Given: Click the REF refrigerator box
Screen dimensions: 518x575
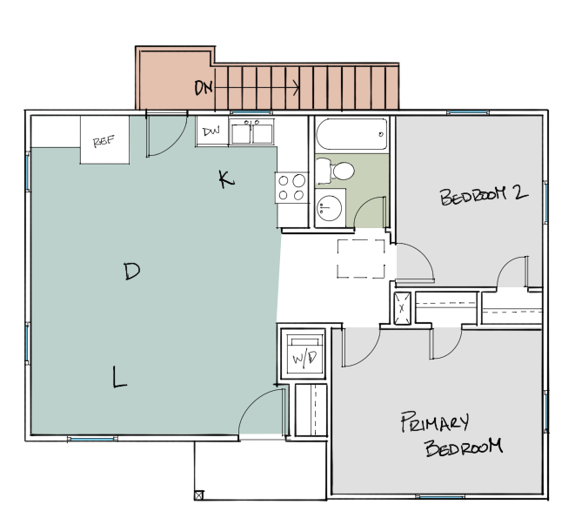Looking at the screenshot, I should [x=104, y=140].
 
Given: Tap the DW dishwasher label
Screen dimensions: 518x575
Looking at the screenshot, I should [x=211, y=132].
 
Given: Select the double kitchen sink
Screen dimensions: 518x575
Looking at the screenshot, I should [x=252, y=132].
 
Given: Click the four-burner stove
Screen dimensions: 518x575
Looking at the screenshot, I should [x=292, y=187].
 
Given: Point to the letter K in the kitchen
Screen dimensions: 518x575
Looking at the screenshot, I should [x=225, y=179].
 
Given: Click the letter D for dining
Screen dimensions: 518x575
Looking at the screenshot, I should [x=131, y=272].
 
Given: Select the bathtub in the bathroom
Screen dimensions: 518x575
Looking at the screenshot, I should [x=351, y=135].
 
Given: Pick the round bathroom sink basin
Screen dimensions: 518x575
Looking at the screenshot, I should [x=331, y=208].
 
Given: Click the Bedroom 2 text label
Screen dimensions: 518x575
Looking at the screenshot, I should [x=484, y=195].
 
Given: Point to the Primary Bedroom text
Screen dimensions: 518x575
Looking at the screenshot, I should [x=451, y=434].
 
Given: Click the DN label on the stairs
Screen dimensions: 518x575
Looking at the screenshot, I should [x=204, y=87].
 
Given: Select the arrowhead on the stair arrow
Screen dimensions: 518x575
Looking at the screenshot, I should [x=298, y=87].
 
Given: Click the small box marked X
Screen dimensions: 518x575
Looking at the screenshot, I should [x=403, y=308].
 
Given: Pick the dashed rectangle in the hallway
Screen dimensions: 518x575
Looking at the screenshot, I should [x=361, y=259].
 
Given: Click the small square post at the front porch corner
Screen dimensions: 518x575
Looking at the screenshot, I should [x=199, y=495].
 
